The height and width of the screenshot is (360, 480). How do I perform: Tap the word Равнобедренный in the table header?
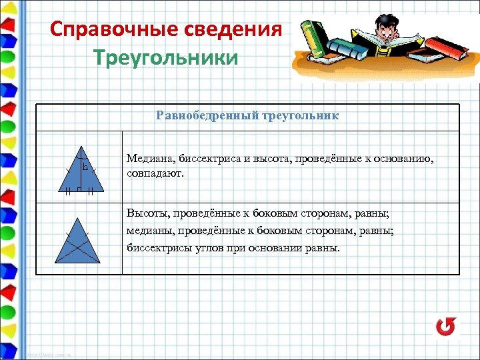pyautogui.click(x=197, y=116)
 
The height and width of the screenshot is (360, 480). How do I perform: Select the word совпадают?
pyautogui.click(x=154, y=173)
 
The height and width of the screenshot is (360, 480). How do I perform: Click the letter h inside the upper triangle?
pyautogui.click(x=85, y=168)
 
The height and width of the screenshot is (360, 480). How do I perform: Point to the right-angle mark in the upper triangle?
pyautogui.click(x=79, y=190)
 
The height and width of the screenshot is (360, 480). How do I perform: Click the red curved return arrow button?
pyautogui.click(x=446, y=326)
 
